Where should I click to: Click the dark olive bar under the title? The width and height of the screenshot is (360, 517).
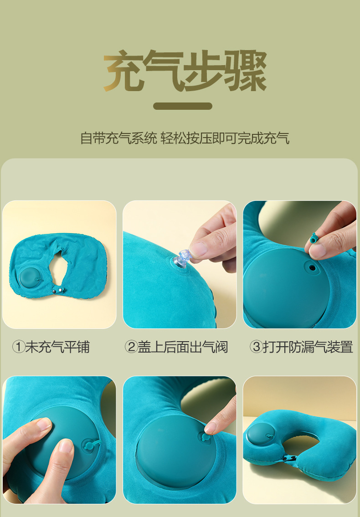182,106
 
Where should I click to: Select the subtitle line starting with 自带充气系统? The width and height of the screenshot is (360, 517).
185,138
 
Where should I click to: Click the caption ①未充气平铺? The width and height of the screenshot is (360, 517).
51,347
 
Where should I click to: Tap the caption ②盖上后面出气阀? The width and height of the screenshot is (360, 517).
176,347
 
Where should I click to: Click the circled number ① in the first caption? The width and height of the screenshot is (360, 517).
18,347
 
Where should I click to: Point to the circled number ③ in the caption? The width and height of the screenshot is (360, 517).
257,347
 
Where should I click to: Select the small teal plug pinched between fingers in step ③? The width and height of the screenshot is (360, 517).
314,238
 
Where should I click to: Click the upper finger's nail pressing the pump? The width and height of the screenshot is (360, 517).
44,424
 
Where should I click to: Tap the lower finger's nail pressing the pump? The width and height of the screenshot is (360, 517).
66,445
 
